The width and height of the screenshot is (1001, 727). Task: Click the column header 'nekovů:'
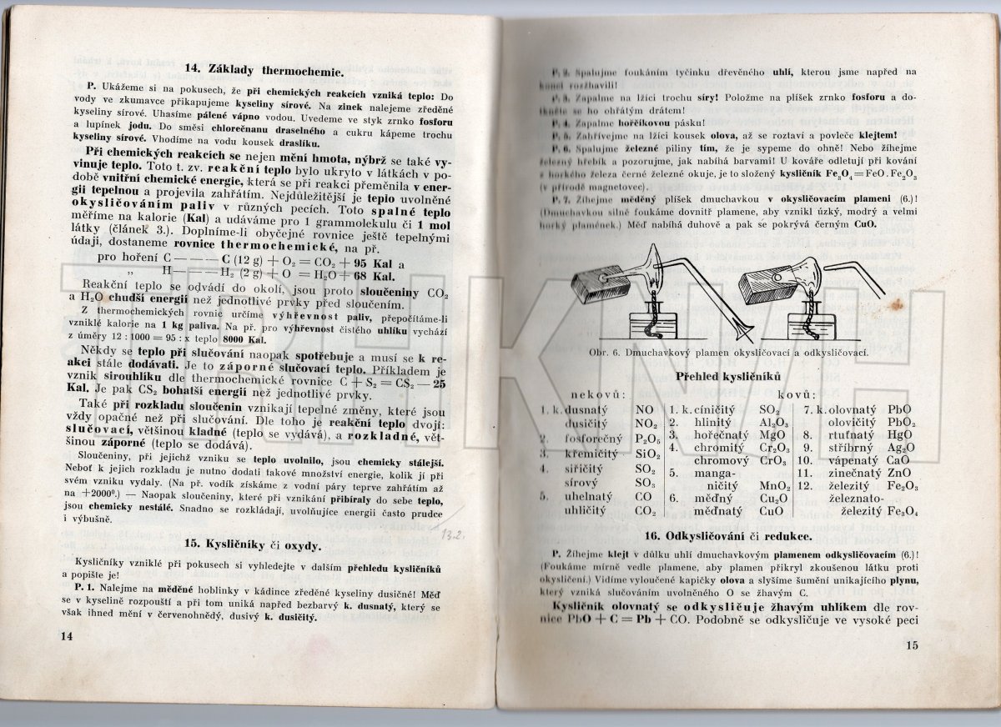pos(598,393)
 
